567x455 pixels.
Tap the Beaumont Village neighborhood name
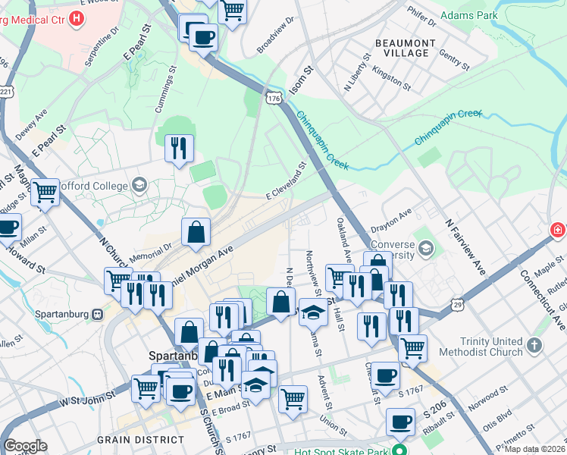click(x=406, y=49)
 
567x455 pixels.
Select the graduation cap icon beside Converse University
click(x=426, y=248)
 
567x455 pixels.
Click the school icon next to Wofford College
click(x=139, y=184)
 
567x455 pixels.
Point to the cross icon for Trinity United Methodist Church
click(x=534, y=346)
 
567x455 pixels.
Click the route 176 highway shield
click(x=274, y=99)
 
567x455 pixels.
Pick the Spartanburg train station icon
click(x=98, y=314)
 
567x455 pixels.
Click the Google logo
click(x=25, y=445)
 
